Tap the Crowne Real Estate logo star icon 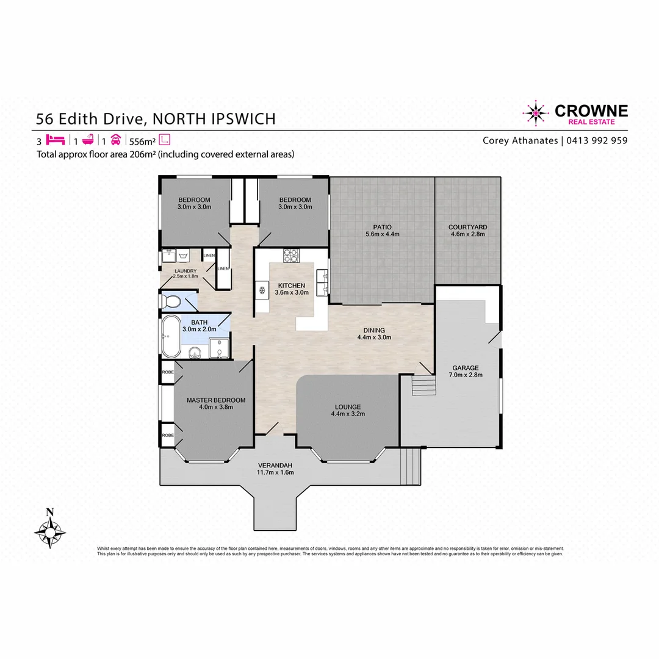pos(535,112)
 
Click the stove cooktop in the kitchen pos(290,255)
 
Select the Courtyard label pos(468,227)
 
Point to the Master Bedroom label pos(216,400)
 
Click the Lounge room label pos(347,407)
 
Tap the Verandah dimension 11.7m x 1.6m pos(275,472)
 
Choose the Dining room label pos(374,330)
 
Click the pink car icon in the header pos(115,139)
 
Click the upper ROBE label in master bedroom pos(167,372)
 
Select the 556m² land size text pos(142,139)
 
